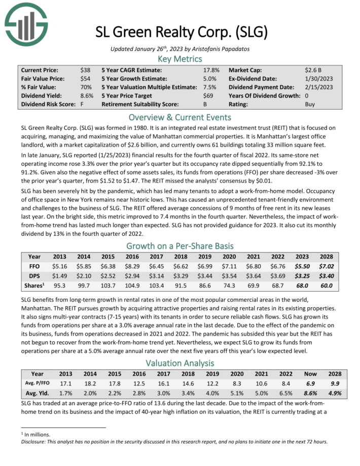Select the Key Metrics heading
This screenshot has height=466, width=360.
coord(180,58)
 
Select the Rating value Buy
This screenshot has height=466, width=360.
coord(310,104)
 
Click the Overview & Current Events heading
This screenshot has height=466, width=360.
coord(180,117)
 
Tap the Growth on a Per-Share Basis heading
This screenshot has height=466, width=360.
coord(180,246)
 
